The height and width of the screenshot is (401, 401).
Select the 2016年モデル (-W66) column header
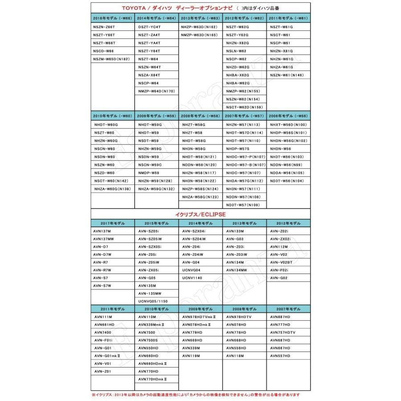point(112,19)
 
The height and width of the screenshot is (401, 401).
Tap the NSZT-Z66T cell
point(104,27)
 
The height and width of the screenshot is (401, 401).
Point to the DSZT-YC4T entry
point(149,27)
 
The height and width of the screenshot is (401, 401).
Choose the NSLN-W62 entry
point(236,51)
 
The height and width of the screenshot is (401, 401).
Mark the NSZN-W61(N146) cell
point(286,75)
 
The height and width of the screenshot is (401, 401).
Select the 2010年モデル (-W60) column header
point(112,116)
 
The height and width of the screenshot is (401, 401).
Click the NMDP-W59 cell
point(148,173)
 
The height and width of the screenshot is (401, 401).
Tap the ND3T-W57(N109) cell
point(243,205)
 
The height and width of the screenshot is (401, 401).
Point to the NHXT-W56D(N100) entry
point(288,125)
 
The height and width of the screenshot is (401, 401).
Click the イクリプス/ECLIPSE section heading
point(200,214)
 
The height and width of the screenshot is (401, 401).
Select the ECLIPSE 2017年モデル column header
point(112,223)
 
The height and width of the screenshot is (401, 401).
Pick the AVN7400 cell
point(103,332)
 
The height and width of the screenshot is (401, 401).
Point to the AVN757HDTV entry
point(283,332)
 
